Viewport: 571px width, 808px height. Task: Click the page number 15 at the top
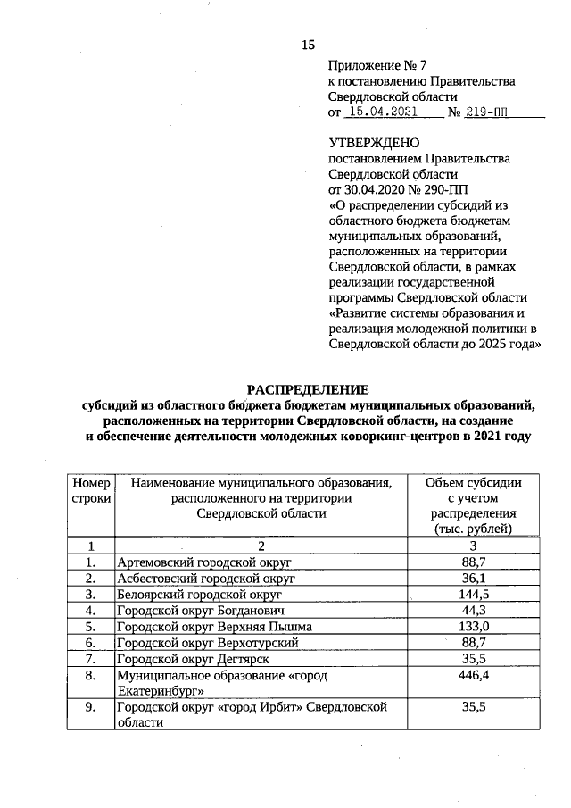pyautogui.click(x=309, y=45)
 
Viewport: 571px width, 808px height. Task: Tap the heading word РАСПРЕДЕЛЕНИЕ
pyautogui.click(x=308, y=390)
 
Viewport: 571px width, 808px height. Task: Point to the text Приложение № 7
pyautogui.click(x=373, y=65)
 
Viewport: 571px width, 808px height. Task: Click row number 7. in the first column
pyautogui.click(x=91, y=658)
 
